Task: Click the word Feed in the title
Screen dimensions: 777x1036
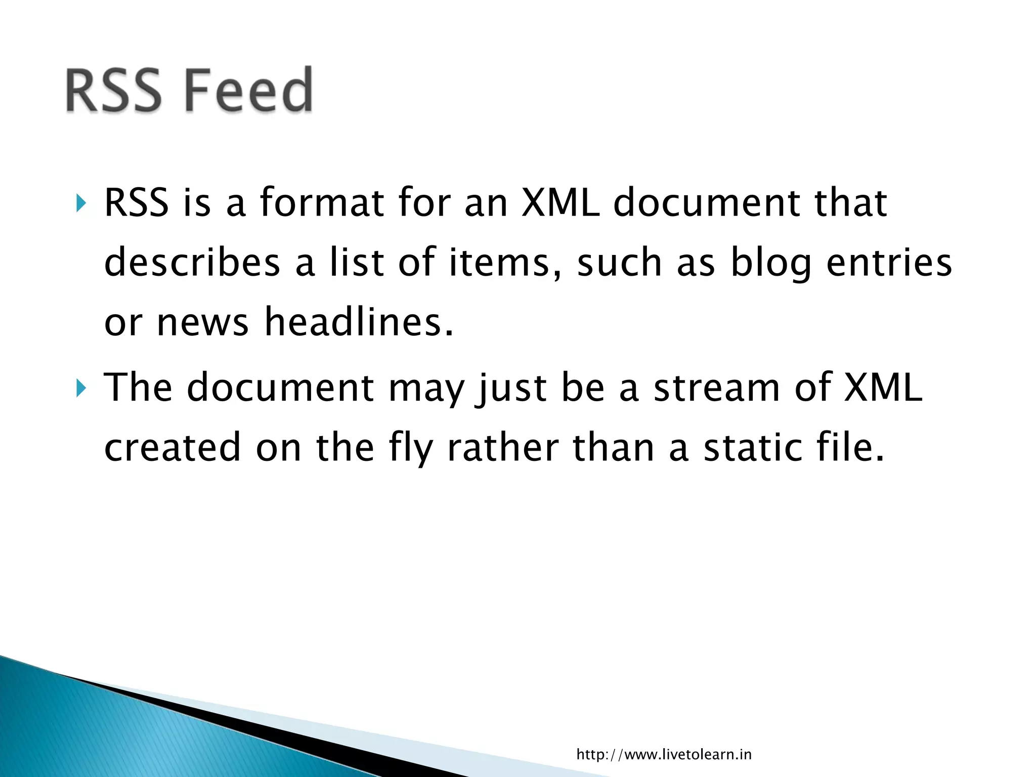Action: (248, 90)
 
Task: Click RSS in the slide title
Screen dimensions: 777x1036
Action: (113, 90)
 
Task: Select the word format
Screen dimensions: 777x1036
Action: (322, 202)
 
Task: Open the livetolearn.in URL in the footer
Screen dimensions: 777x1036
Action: (664, 754)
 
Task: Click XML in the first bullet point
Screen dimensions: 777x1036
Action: (560, 202)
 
